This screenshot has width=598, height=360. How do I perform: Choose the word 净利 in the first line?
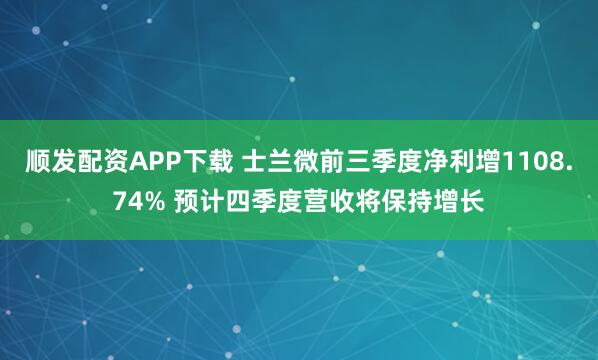coord(423,162)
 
